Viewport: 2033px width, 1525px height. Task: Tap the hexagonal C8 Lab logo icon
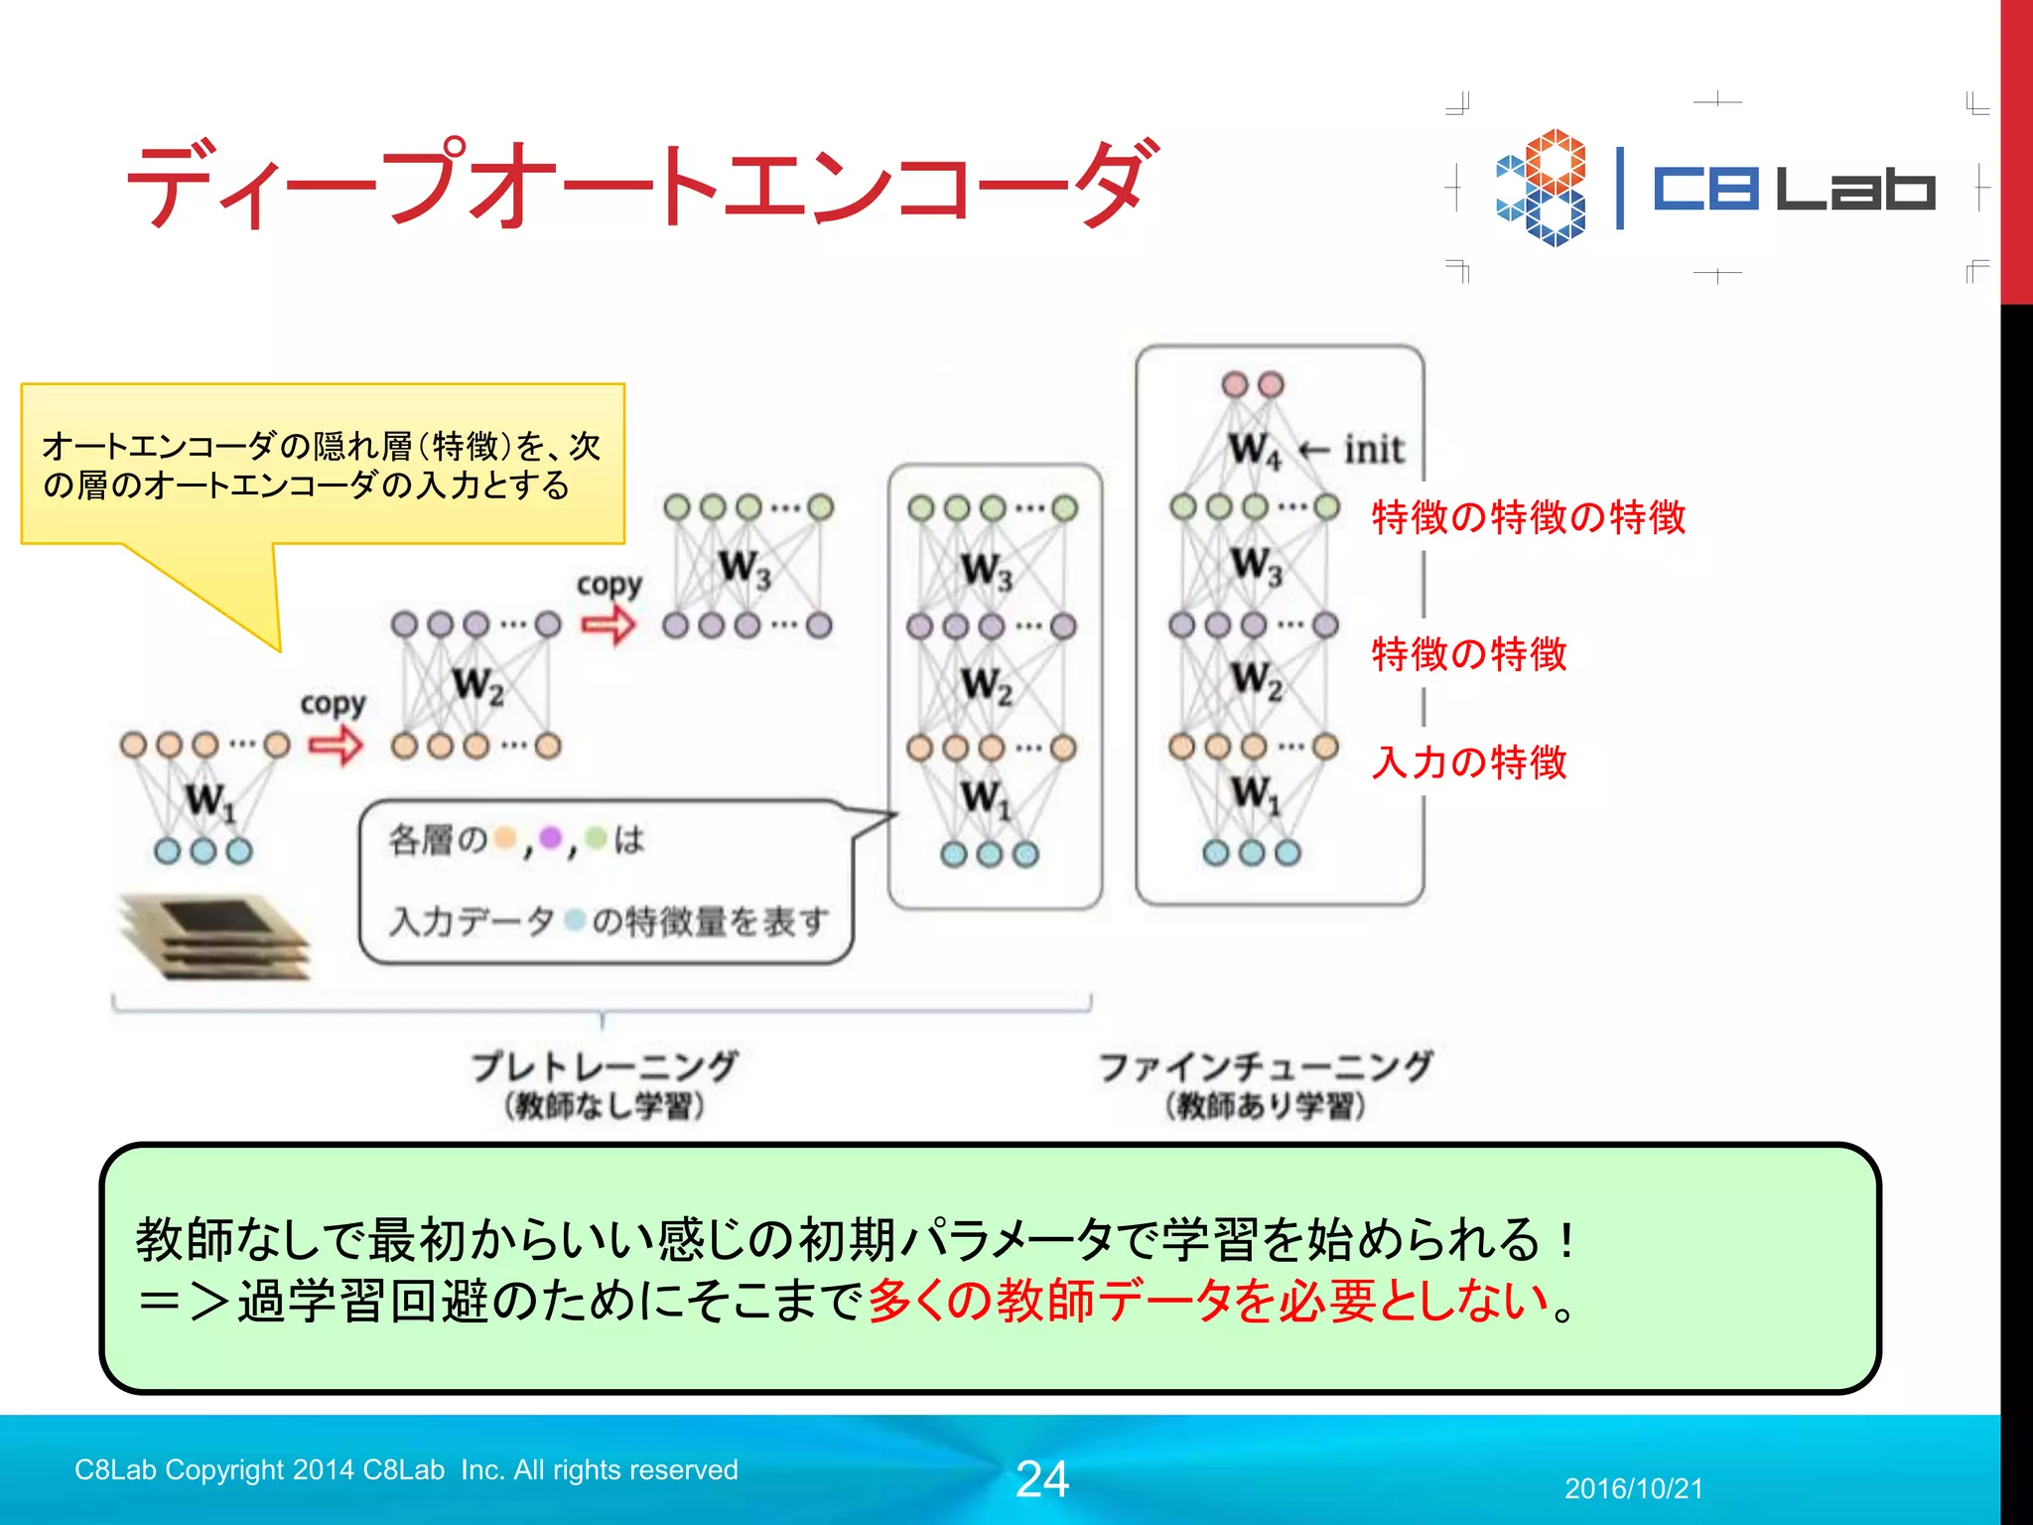(x=1541, y=188)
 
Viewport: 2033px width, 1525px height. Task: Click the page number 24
(x=1041, y=1478)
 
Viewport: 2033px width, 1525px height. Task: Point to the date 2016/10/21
(x=1633, y=1488)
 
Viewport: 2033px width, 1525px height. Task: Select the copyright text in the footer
(x=406, y=1469)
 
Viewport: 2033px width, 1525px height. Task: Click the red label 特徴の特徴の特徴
(x=1528, y=517)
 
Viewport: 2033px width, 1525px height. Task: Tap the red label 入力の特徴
(x=1468, y=762)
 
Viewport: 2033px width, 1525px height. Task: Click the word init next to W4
(x=1374, y=450)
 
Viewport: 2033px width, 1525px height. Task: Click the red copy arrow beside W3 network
(x=608, y=625)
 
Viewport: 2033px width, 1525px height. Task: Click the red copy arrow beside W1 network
(x=335, y=745)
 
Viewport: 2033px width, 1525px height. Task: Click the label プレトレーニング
(x=604, y=1067)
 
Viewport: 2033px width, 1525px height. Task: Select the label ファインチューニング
(x=1266, y=1067)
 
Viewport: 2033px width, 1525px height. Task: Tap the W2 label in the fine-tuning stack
(x=1257, y=681)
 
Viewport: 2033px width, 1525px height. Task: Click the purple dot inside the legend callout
(x=550, y=839)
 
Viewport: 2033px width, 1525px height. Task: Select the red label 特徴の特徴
(x=1468, y=654)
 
